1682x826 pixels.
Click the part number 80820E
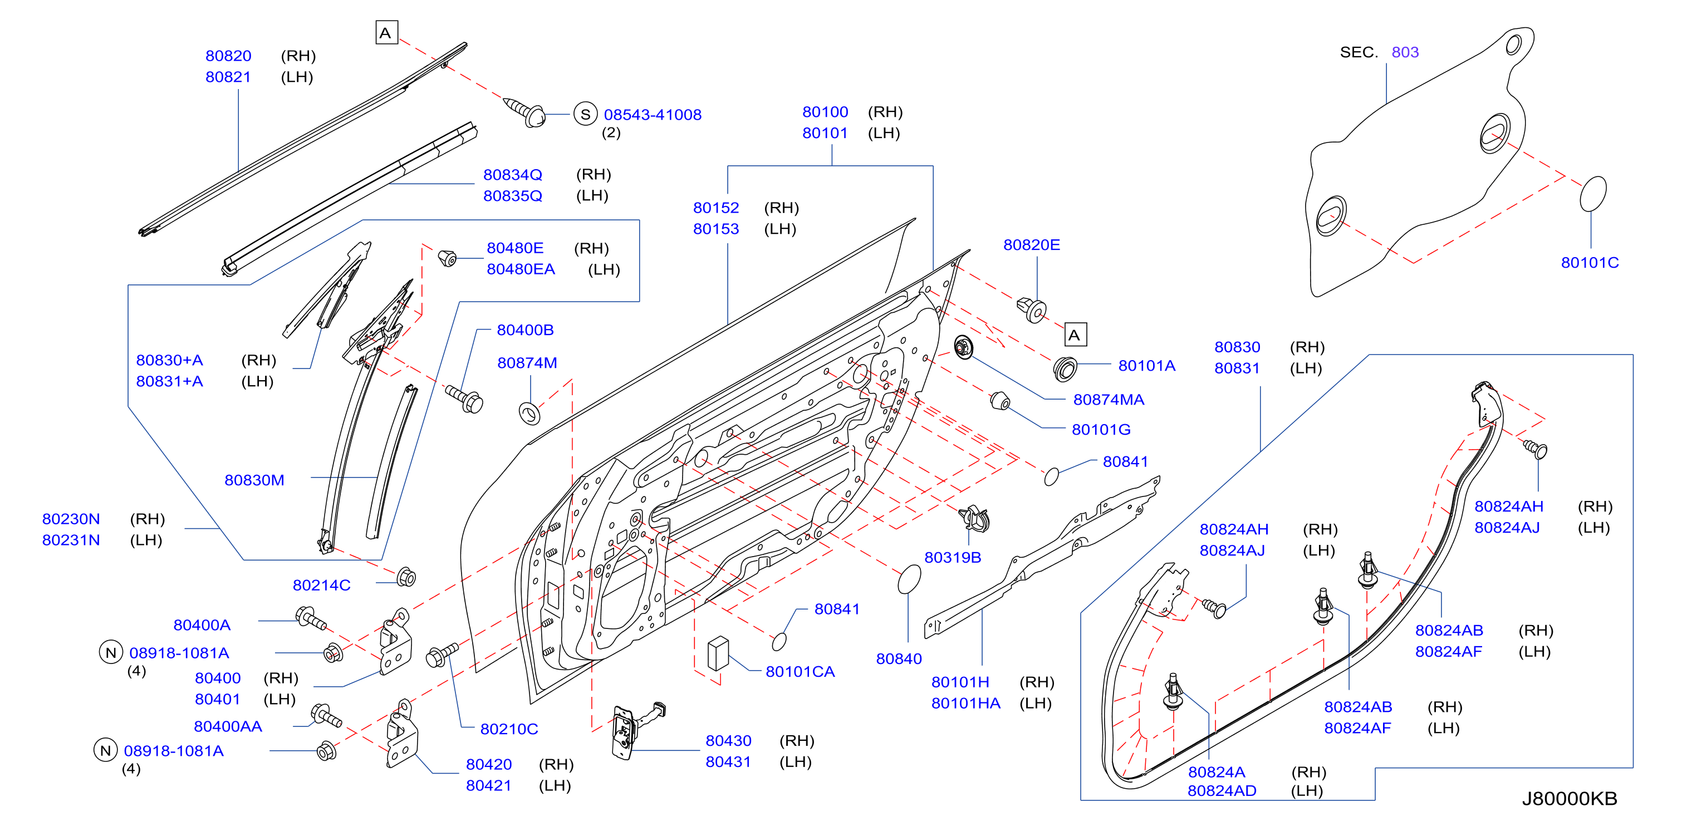1031,245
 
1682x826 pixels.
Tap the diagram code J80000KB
1569,798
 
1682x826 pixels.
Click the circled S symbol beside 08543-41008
585,114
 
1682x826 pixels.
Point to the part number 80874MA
1108,400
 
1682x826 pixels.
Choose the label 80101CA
800,671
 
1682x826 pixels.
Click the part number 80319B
952,557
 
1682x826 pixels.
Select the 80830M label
254,480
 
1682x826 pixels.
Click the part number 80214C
321,585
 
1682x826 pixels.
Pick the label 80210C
509,729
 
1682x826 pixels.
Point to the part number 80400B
525,330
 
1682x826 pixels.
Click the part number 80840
899,658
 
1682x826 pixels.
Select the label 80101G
1100,430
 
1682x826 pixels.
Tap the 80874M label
527,362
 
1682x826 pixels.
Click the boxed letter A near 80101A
1075,335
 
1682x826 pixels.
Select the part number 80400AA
228,726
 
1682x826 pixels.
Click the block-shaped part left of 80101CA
718,653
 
